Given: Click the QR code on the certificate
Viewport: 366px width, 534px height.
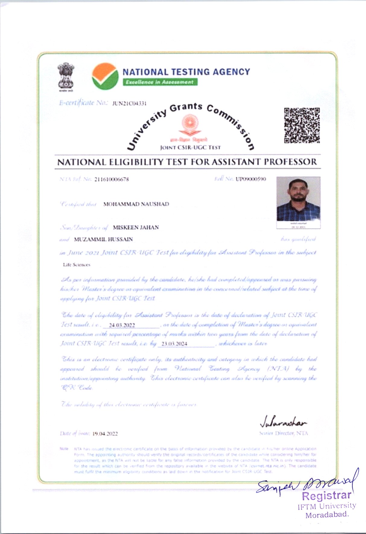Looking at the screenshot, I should tap(301, 125).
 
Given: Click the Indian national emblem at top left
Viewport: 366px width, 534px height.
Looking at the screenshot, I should tap(66, 76).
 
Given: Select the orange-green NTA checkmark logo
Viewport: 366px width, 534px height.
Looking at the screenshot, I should tap(105, 76).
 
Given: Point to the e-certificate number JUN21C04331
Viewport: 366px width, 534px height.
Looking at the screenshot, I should tap(129, 103).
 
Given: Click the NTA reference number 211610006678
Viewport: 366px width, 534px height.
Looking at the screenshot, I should tap(111, 179).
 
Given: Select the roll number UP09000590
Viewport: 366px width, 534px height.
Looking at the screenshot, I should tap(251, 179).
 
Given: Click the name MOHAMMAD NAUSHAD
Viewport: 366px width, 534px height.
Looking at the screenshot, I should tap(136, 204).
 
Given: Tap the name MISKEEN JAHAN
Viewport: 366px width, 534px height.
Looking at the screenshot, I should tap(136, 227).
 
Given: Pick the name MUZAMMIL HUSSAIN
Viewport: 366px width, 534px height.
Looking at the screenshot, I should tap(103, 239).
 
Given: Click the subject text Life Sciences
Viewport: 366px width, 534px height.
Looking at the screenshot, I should tap(76, 265).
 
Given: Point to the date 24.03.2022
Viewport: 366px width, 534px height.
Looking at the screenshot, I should tap(122, 325).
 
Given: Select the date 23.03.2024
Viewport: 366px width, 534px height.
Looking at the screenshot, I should tap(174, 344).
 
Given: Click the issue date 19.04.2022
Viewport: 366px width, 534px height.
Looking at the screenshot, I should tap(105, 434).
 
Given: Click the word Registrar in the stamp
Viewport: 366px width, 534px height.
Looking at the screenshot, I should tap(327, 496).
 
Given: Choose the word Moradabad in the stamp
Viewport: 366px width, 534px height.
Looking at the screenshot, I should tap(327, 515).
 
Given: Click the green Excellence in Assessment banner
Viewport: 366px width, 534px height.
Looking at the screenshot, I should tap(160, 82).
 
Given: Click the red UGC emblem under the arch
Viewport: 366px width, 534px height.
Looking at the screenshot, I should tap(189, 125).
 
